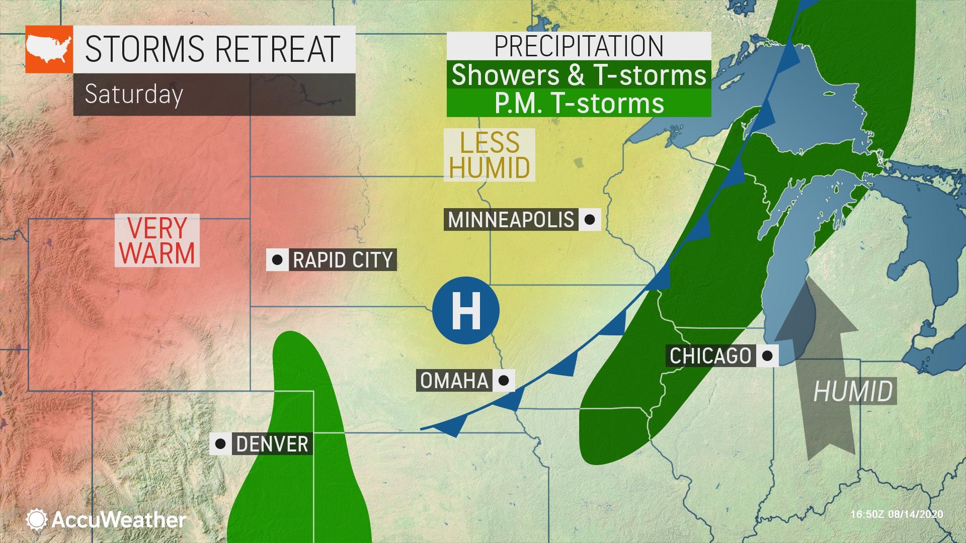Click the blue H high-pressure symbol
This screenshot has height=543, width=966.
466,310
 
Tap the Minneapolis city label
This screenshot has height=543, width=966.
511,220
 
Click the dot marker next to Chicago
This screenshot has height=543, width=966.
767,356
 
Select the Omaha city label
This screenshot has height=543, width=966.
454,381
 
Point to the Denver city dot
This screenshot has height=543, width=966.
220,444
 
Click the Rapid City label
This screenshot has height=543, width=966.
343,260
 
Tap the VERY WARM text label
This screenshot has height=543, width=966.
157,240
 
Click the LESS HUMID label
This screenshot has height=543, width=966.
489,155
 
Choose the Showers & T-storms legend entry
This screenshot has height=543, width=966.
579,75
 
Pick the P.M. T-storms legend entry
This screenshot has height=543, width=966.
579,103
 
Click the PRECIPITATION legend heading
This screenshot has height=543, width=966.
579,46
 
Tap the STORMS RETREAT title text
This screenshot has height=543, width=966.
212,49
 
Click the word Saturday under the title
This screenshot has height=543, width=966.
133,94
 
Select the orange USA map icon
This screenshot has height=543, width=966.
49,49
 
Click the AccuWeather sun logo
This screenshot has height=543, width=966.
37,519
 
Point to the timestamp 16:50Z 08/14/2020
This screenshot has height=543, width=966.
897,514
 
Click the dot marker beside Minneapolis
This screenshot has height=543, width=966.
590,220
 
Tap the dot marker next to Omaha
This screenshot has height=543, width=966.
504,381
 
